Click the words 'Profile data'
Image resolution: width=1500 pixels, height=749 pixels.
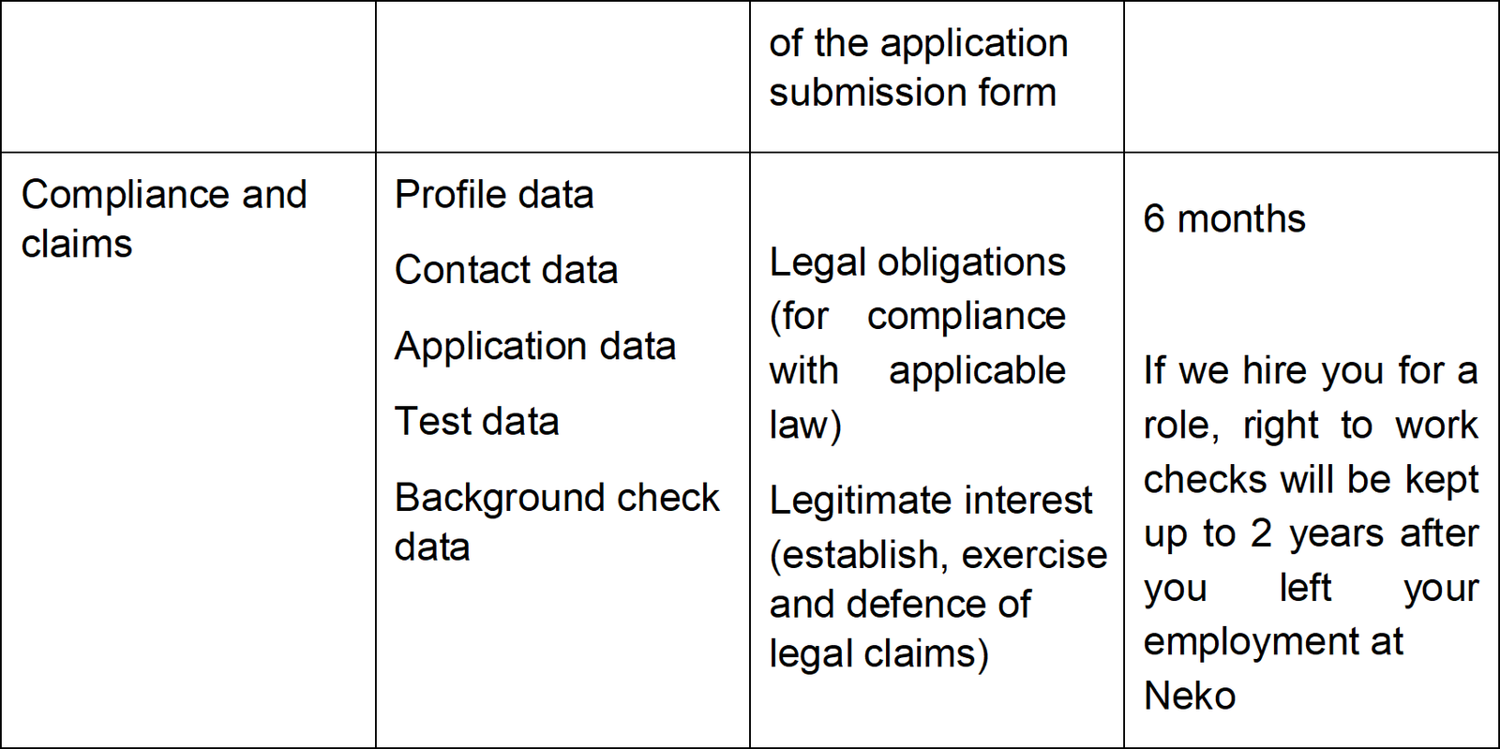pos(494,195)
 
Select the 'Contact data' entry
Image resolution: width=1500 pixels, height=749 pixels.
pos(506,270)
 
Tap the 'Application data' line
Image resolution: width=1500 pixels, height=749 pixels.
pos(535,347)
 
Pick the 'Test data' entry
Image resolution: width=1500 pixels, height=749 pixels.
pos(477,422)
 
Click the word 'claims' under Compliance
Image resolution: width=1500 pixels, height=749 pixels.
pos(76,243)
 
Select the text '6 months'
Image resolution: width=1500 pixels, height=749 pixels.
pos(1224,218)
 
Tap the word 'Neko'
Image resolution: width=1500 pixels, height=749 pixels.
pos(1190,696)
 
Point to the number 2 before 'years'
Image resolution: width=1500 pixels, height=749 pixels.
pos(1261,534)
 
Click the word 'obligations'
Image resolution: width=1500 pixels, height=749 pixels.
pos(971,262)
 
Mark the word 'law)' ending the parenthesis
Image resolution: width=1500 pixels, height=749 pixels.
pos(805,425)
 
